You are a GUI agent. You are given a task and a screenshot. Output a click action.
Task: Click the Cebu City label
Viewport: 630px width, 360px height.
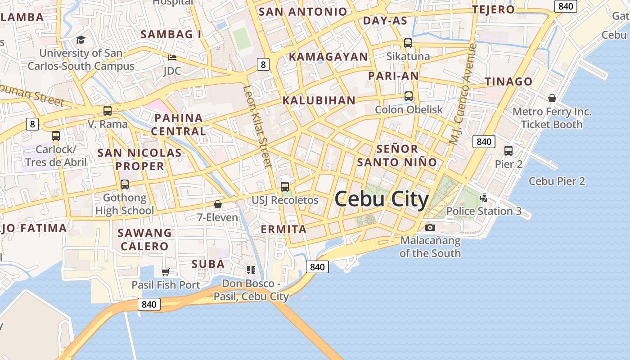click(382, 199)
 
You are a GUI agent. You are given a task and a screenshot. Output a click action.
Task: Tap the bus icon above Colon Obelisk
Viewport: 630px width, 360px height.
click(408, 96)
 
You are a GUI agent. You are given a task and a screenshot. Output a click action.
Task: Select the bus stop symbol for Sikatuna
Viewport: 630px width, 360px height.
click(408, 43)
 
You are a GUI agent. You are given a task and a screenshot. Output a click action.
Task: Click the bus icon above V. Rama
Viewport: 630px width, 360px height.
click(108, 111)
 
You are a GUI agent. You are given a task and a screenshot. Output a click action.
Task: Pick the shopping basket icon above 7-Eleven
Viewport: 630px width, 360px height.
click(218, 204)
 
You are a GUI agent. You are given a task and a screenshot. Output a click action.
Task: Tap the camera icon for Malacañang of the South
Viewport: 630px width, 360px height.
click(430, 227)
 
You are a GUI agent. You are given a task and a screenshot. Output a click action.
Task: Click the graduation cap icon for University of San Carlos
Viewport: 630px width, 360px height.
click(81, 40)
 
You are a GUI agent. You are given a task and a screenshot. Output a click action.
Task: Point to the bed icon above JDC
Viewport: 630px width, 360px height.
click(172, 58)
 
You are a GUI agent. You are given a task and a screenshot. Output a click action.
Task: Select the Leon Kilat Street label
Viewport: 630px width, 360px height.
click(258, 127)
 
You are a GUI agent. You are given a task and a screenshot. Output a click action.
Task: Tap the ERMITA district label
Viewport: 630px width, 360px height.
click(284, 229)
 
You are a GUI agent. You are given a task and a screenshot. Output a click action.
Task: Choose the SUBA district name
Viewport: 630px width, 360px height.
click(208, 264)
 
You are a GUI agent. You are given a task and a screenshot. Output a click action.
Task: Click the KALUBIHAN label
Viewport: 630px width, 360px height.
click(319, 100)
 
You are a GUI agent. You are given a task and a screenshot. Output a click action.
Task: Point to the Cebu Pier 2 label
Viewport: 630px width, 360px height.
click(557, 181)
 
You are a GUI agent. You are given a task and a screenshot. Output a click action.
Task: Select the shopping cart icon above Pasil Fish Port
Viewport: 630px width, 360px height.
click(165, 272)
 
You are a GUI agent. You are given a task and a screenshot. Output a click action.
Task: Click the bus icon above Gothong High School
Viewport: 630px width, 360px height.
click(125, 184)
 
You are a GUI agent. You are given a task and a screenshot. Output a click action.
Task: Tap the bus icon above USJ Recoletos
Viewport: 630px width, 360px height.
click(285, 187)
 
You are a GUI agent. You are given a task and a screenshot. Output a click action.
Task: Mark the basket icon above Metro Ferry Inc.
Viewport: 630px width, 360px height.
click(552, 98)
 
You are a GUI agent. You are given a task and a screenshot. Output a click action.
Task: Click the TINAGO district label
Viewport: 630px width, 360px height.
click(508, 81)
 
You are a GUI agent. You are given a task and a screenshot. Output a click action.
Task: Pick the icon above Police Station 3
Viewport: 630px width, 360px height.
click(484, 198)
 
